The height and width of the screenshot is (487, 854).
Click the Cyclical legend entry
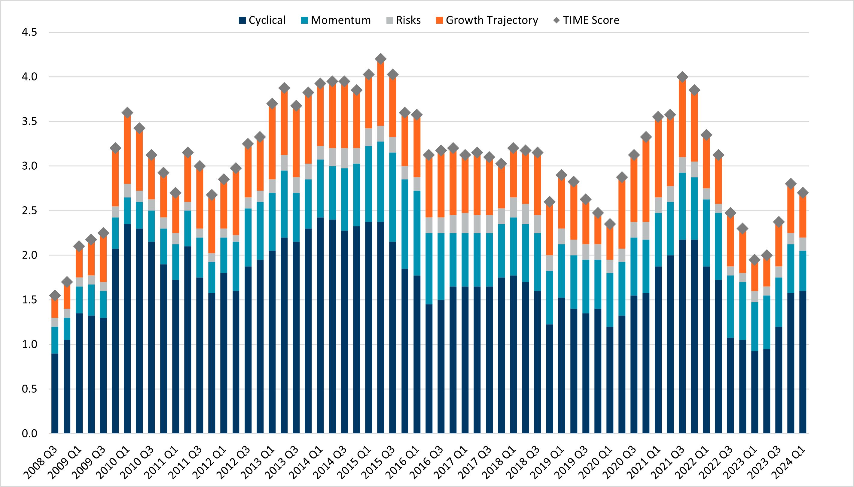coord(262,20)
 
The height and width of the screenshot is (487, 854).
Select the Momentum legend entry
coord(336,20)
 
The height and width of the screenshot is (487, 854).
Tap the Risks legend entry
coord(403,20)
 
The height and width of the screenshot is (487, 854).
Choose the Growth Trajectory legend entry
coord(487,20)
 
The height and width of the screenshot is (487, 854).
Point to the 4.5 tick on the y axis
coord(29,32)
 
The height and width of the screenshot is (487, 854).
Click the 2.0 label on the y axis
coord(29,255)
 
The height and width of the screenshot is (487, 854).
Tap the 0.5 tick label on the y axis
coord(29,389)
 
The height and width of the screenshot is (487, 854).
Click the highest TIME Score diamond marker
coord(380,59)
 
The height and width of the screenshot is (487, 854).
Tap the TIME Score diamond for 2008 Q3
coord(55,295)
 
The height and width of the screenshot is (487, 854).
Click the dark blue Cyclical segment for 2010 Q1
coord(127,328)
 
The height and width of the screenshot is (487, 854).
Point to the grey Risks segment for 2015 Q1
coord(368,137)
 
